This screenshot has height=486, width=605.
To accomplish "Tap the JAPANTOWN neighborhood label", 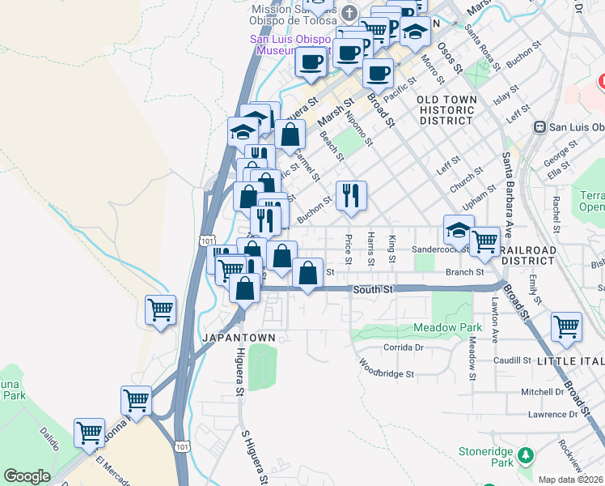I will pos(239,337).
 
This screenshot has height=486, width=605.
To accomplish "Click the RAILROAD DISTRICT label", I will pos(528,250).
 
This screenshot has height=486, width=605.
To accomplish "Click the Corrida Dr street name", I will pos(403,347).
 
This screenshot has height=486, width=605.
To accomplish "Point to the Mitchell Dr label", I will pos(542,391).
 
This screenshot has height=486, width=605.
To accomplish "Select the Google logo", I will pos(27,476).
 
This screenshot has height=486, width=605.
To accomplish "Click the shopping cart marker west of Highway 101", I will pos(161,310).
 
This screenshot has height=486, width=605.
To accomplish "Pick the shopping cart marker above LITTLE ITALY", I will pos(567,327).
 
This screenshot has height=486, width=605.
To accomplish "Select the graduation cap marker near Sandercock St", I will pos(459,230).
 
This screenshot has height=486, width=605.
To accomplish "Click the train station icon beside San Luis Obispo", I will pos(539,127).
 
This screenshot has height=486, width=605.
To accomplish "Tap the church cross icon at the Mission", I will pos(349,12).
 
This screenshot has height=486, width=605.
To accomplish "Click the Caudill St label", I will pos(512,360).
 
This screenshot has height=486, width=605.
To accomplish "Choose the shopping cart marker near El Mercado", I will pos(90,433).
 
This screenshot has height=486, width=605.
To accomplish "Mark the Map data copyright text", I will pos(570,479).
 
